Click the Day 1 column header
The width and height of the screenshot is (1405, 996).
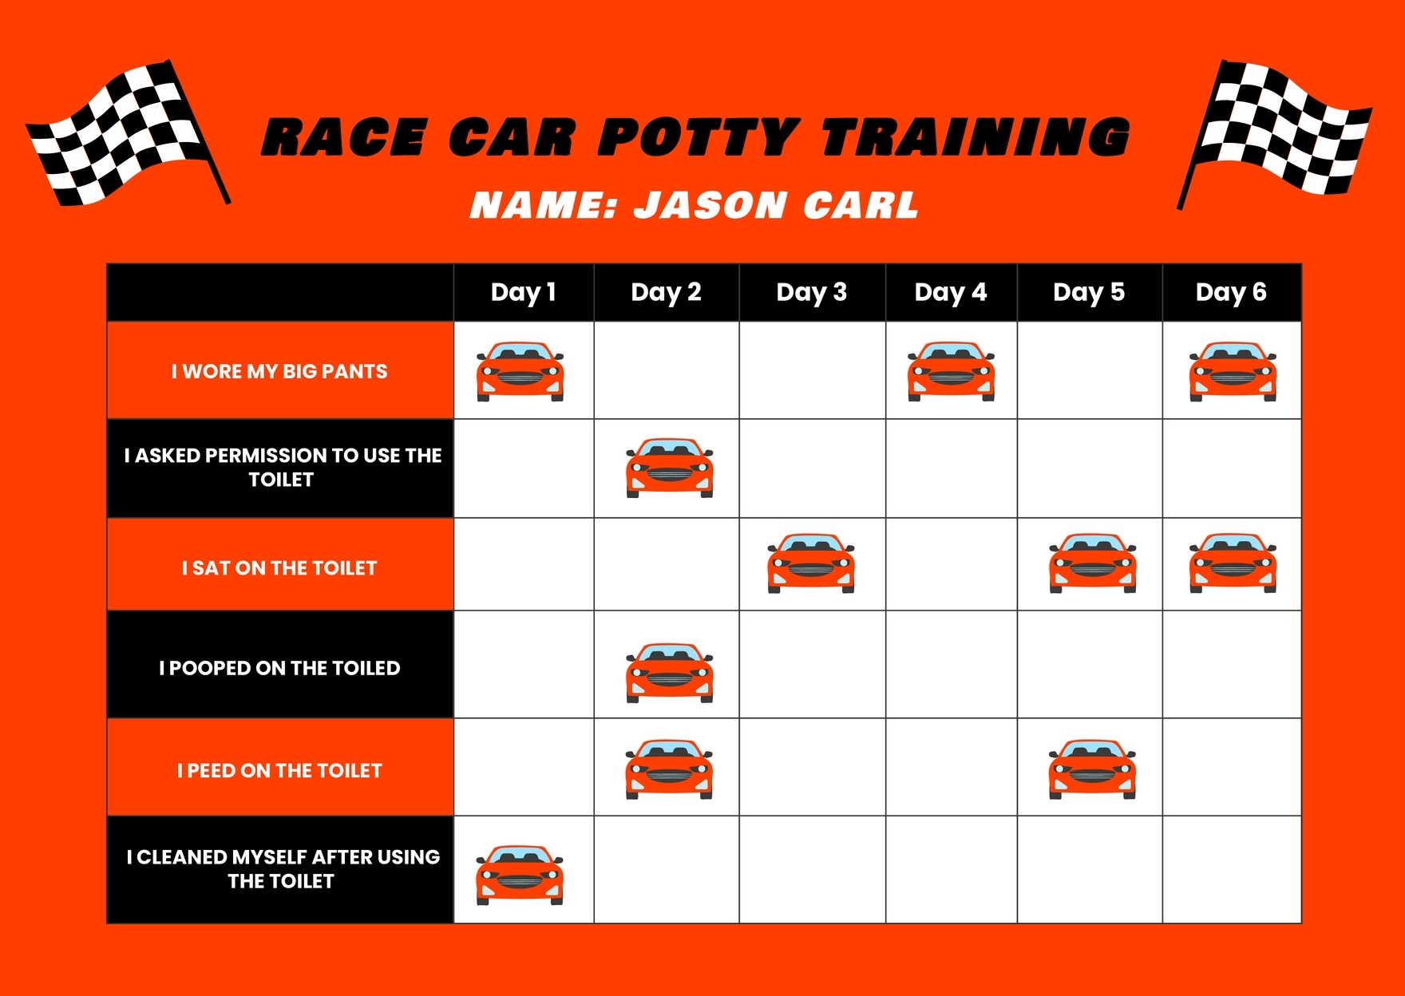523,292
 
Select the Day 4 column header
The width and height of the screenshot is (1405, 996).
950,292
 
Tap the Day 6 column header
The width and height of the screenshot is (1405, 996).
1230,292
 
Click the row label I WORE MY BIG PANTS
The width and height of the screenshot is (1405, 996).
279,371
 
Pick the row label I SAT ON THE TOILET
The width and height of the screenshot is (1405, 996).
279,567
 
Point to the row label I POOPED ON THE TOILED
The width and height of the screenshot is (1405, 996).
279,668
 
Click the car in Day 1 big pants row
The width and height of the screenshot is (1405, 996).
520,371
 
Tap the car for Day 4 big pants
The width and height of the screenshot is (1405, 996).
951,371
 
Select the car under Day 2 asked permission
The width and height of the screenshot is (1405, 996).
669,468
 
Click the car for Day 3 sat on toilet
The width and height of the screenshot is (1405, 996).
811,563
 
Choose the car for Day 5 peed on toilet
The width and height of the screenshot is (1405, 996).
1092,769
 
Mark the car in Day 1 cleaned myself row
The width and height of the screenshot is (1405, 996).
520,875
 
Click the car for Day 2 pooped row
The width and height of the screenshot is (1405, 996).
669,673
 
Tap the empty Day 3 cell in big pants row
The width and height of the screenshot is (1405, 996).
812,370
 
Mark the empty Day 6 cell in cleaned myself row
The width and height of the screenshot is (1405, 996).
1231,869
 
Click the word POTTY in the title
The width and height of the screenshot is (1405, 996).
699,137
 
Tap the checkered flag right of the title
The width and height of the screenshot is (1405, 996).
1277,132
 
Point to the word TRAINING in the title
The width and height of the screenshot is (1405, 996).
976,137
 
